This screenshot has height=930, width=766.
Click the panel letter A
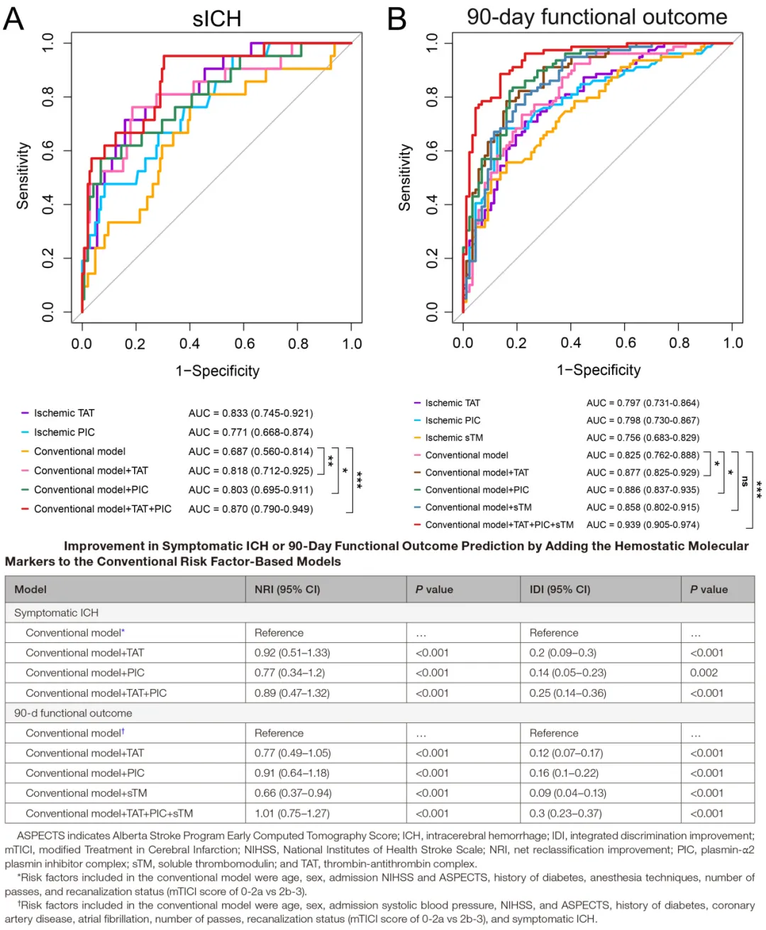pyautogui.click(x=13, y=18)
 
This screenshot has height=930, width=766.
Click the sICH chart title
pyautogui.click(x=217, y=19)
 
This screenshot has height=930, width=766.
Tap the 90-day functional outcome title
pyautogui.click(x=596, y=17)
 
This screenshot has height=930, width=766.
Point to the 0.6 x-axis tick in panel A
pyautogui.click(x=245, y=344)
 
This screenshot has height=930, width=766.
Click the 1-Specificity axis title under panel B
pyautogui.click(x=599, y=370)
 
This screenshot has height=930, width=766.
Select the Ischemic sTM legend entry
pyautogui.click(x=454, y=438)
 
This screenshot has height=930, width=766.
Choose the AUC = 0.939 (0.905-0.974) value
pyautogui.click(x=643, y=525)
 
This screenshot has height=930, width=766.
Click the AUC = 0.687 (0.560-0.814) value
pyautogui.click(x=250, y=452)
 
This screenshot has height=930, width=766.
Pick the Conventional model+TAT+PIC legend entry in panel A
pyautogui.click(x=103, y=509)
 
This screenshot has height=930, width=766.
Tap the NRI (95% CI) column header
pyautogui.click(x=287, y=589)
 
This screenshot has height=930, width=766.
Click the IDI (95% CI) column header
pyautogui.click(x=560, y=589)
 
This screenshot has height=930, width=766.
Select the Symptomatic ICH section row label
pyautogui.click(x=56, y=612)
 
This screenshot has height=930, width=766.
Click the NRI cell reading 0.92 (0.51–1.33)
pyautogui.click(x=292, y=653)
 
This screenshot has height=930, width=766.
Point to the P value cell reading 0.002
pyautogui.click(x=704, y=673)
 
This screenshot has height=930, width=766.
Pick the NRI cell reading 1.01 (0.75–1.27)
pyautogui.click(x=292, y=814)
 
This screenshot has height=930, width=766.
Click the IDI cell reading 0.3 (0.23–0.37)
pyautogui.click(x=565, y=814)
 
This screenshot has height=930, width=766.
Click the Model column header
pyautogui.click(x=30, y=589)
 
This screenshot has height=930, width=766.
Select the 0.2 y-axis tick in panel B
pyautogui.click(x=432, y=259)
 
